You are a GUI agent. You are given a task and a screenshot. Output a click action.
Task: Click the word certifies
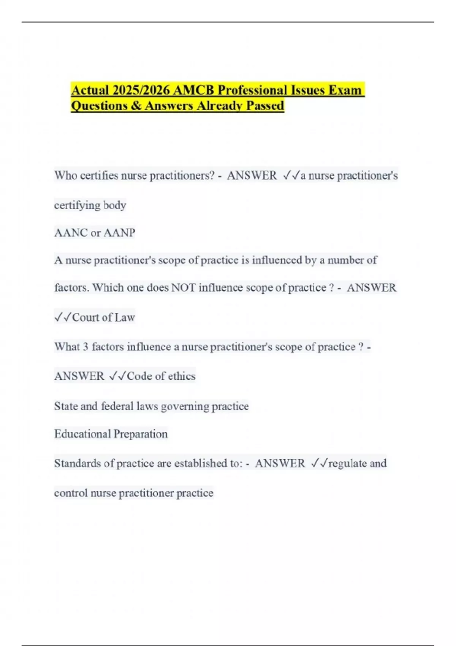(x=99, y=176)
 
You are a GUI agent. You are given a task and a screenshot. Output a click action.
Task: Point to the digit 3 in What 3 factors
(x=85, y=347)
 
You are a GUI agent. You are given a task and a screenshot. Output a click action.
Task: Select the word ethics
(x=182, y=376)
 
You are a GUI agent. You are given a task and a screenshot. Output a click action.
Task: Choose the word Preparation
(x=141, y=434)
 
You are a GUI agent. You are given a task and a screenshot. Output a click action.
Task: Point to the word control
(x=71, y=493)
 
